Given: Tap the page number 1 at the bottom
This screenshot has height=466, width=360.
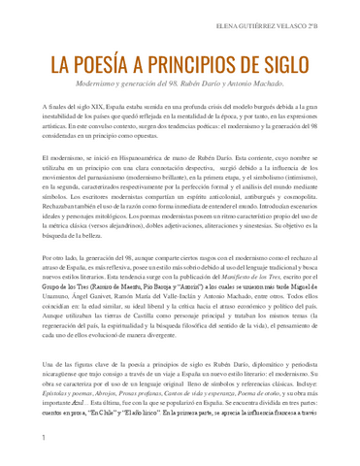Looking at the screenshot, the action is (44, 439).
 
